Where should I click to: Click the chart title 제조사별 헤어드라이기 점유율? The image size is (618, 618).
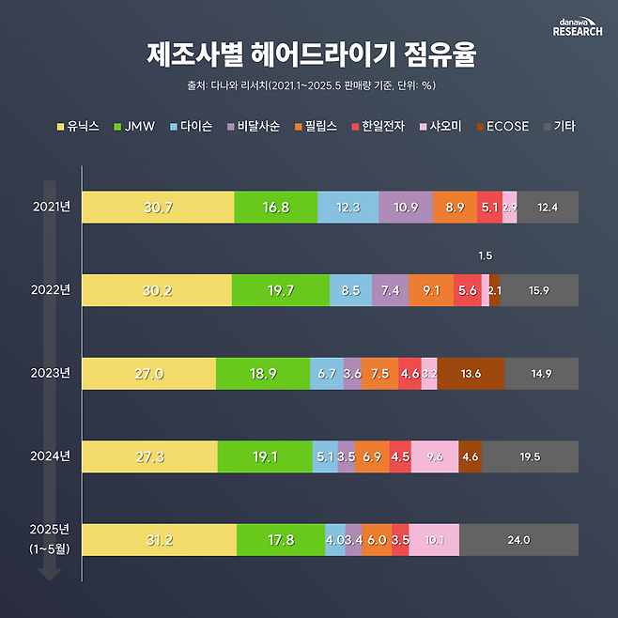pos(309,54)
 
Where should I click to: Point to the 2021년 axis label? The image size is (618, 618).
pos(51,207)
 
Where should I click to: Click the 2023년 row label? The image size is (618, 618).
pos(51,373)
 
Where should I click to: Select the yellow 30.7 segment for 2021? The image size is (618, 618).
pos(157,208)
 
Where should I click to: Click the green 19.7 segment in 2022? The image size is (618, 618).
pos(281,290)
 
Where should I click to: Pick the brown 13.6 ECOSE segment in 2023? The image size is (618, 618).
pos(471,373)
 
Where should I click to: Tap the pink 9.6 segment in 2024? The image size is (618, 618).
pos(434,456)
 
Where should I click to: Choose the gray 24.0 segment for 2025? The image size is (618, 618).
pos(518,539)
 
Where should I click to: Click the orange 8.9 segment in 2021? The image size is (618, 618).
pos(456,208)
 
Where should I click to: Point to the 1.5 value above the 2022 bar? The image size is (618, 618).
pos(485,255)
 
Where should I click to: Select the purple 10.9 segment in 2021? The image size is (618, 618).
pos(407,208)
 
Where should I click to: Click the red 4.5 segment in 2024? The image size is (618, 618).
pos(400,456)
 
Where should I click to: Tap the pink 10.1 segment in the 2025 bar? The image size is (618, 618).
pos(434,539)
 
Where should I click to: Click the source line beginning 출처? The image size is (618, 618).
pos(309,85)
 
